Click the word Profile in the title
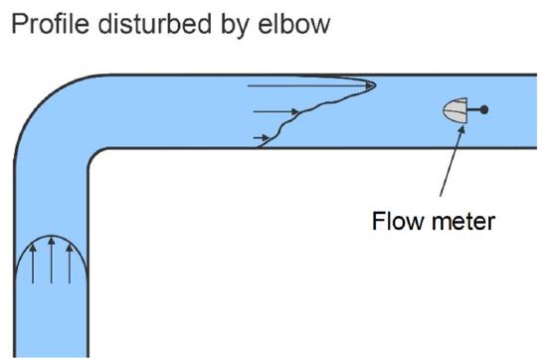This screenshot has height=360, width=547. (46, 22)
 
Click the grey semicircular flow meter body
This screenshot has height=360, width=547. (455, 111)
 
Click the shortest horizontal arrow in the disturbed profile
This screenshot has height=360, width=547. (262, 135)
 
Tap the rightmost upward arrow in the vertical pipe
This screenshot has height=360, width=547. (69, 268)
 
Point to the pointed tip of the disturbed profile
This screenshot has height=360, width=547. (374, 86)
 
